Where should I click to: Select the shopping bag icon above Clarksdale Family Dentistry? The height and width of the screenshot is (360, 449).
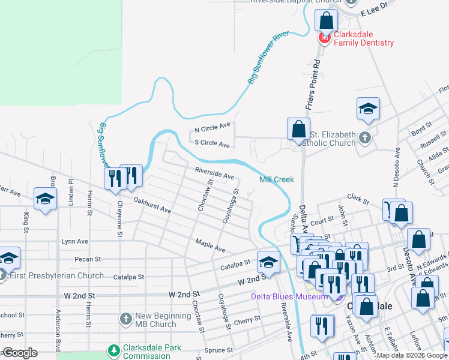click(326, 21)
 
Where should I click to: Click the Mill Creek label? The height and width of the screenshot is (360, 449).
click(276, 179)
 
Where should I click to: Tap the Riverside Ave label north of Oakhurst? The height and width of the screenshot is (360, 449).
click(214, 173)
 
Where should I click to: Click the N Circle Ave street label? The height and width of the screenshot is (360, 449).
click(212, 127)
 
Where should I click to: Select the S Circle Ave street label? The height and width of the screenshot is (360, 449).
click(212, 144)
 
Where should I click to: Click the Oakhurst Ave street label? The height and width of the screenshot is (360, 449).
click(152, 206)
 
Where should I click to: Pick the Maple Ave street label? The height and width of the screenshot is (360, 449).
click(210, 245)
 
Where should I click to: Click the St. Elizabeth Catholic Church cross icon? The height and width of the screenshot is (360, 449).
click(364, 139)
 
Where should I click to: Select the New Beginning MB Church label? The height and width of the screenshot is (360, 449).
click(155, 320)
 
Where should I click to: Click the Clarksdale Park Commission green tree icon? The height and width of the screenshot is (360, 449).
click(113, 350)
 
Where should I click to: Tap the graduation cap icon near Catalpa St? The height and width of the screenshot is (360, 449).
click(268, 262)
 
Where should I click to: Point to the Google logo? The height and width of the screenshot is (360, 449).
click(19, 352)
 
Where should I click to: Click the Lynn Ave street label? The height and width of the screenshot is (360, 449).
click(74, 241)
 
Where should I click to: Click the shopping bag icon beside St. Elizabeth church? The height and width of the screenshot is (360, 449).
click(298, 129)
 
